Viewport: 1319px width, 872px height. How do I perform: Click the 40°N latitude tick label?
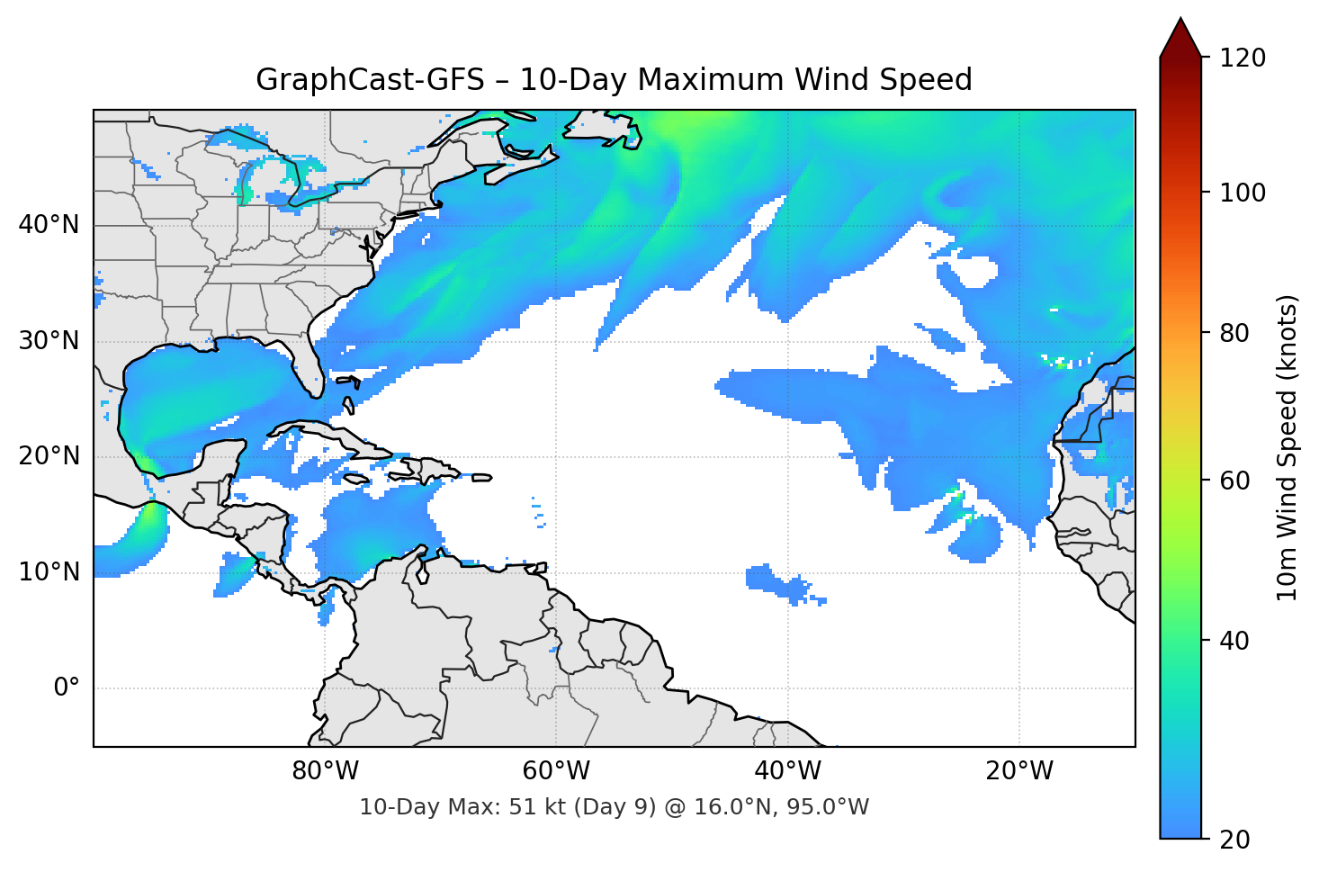click(x=49, y=224)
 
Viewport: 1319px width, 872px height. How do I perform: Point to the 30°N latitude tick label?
click(x=49, y=341)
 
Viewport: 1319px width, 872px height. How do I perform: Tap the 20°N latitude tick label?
click(x=49, y=456)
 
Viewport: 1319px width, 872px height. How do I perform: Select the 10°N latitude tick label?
click(x=49, y=572)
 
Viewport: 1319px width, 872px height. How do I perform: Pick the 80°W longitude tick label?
click(x=326, y=771)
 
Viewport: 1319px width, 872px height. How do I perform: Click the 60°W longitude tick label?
click(x=557, y=771)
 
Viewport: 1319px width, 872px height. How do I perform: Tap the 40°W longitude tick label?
click(x=788, y=771)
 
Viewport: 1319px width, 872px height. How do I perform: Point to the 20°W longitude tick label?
click(x=1019, y=771)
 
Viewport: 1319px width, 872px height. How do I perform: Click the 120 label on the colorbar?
click(x=1243, y=58)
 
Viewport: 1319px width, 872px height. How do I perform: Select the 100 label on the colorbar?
click(x=1243, y=193)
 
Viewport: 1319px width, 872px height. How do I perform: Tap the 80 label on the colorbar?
click(x=1234, y=333)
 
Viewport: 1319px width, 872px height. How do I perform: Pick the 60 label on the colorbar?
click(x=1234, y=481)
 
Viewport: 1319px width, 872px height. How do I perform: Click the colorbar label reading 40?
click(x=1234, y=641)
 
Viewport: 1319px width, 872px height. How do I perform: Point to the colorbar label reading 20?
click(x=1234, y=840)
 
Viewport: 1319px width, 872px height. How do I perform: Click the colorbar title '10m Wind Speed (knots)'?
click(x=1288, y=448)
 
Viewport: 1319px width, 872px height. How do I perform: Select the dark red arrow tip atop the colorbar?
click(x=1180, y=38)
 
